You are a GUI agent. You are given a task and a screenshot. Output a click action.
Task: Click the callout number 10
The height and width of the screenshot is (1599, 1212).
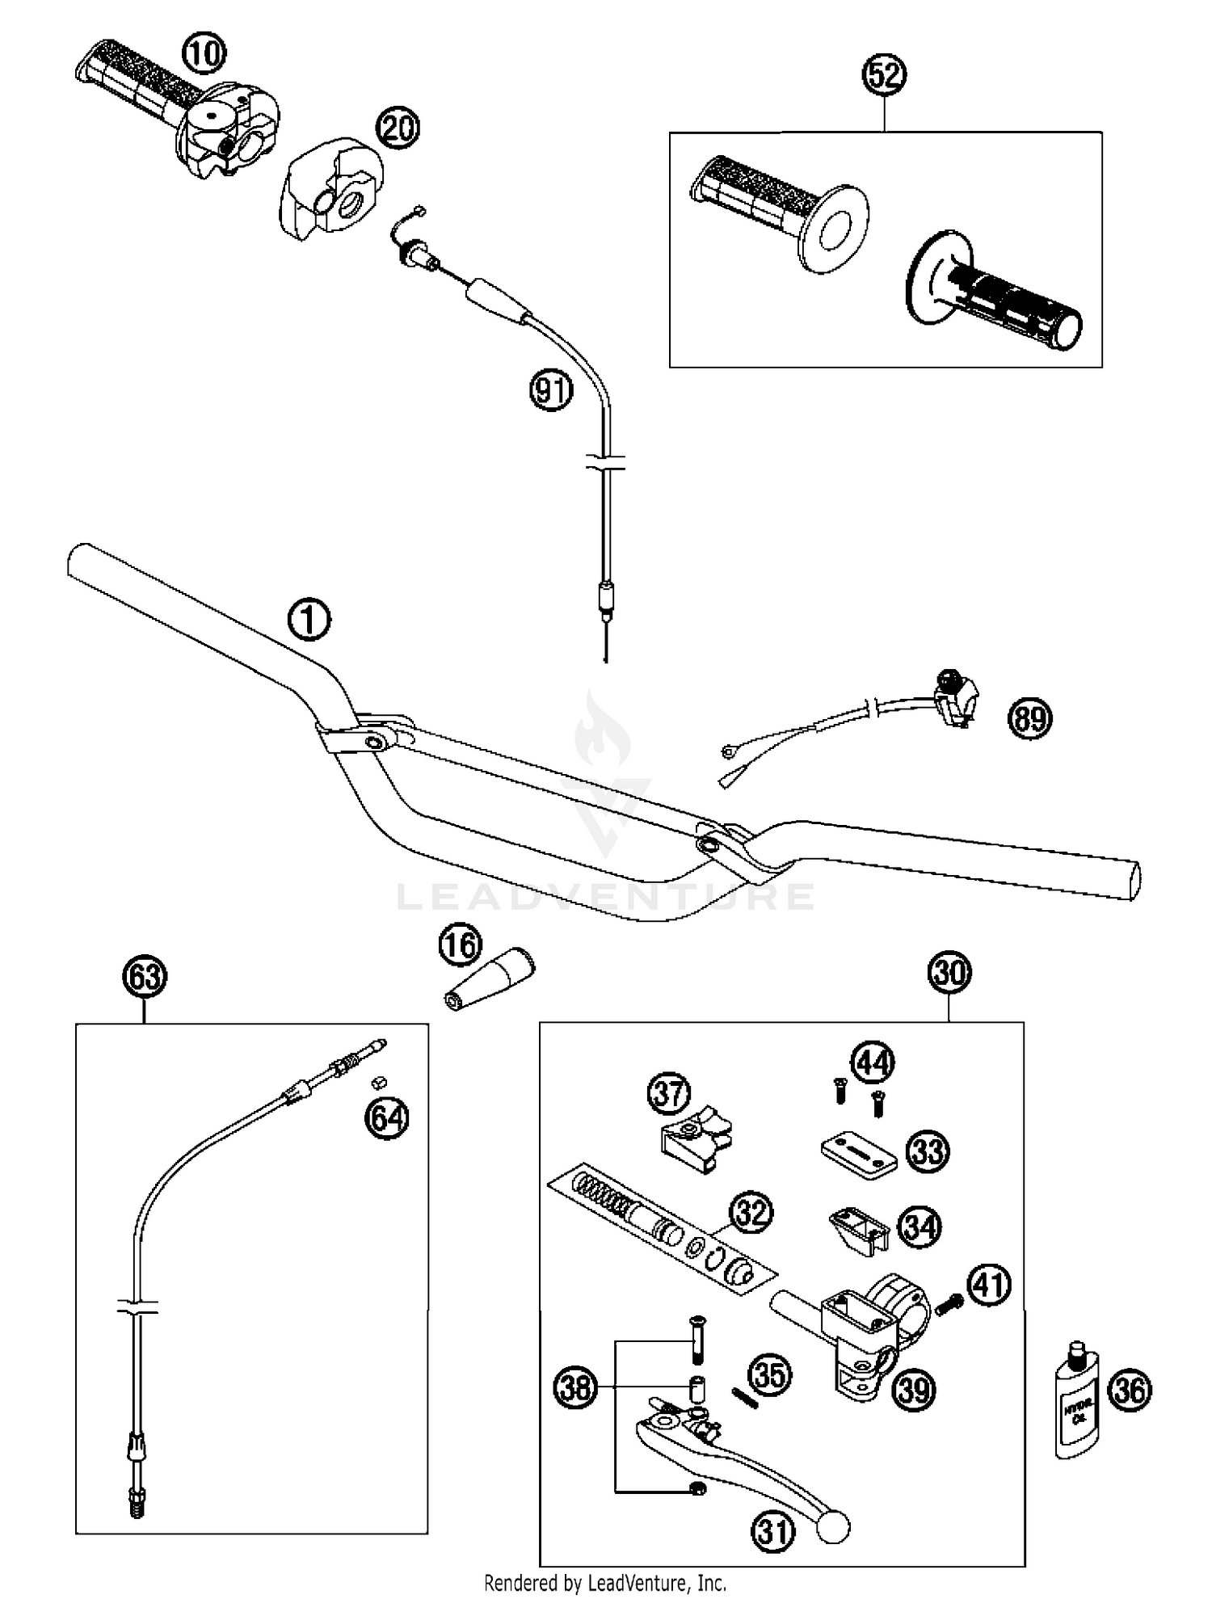point(204,54)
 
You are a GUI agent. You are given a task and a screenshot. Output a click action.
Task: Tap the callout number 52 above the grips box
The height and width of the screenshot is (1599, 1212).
point(885,75)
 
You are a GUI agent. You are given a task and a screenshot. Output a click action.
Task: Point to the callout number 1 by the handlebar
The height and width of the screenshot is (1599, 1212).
point(309,621)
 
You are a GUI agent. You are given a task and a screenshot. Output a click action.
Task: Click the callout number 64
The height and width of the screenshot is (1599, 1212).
point(387,1117)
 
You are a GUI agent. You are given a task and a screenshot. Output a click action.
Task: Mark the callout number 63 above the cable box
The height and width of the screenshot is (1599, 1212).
point(145,977)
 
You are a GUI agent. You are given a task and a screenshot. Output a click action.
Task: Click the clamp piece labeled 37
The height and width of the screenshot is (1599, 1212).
point(692,1138)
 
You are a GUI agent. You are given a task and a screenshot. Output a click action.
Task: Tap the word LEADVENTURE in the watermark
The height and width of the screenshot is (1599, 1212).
point(605,897)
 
